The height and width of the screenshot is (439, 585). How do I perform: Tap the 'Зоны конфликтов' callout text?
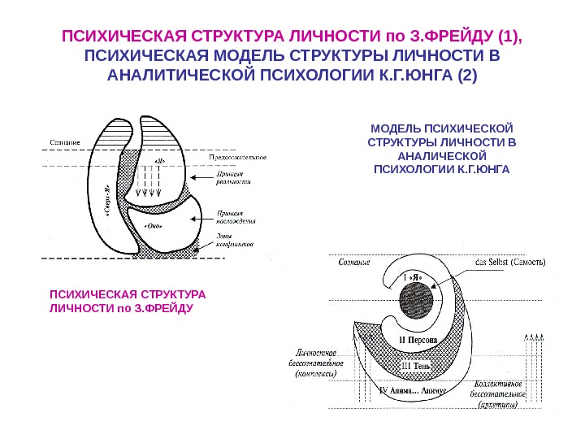pyautogui.click(x=236, y=240)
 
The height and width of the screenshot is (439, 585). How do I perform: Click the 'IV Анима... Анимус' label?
pyautogui.click(x=414, y=390)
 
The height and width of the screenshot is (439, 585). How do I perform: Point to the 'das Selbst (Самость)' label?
pyautogui.click(x=509, y=263)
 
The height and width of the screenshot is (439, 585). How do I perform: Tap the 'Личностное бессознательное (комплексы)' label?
pyautogui.click(x=317, y=363)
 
